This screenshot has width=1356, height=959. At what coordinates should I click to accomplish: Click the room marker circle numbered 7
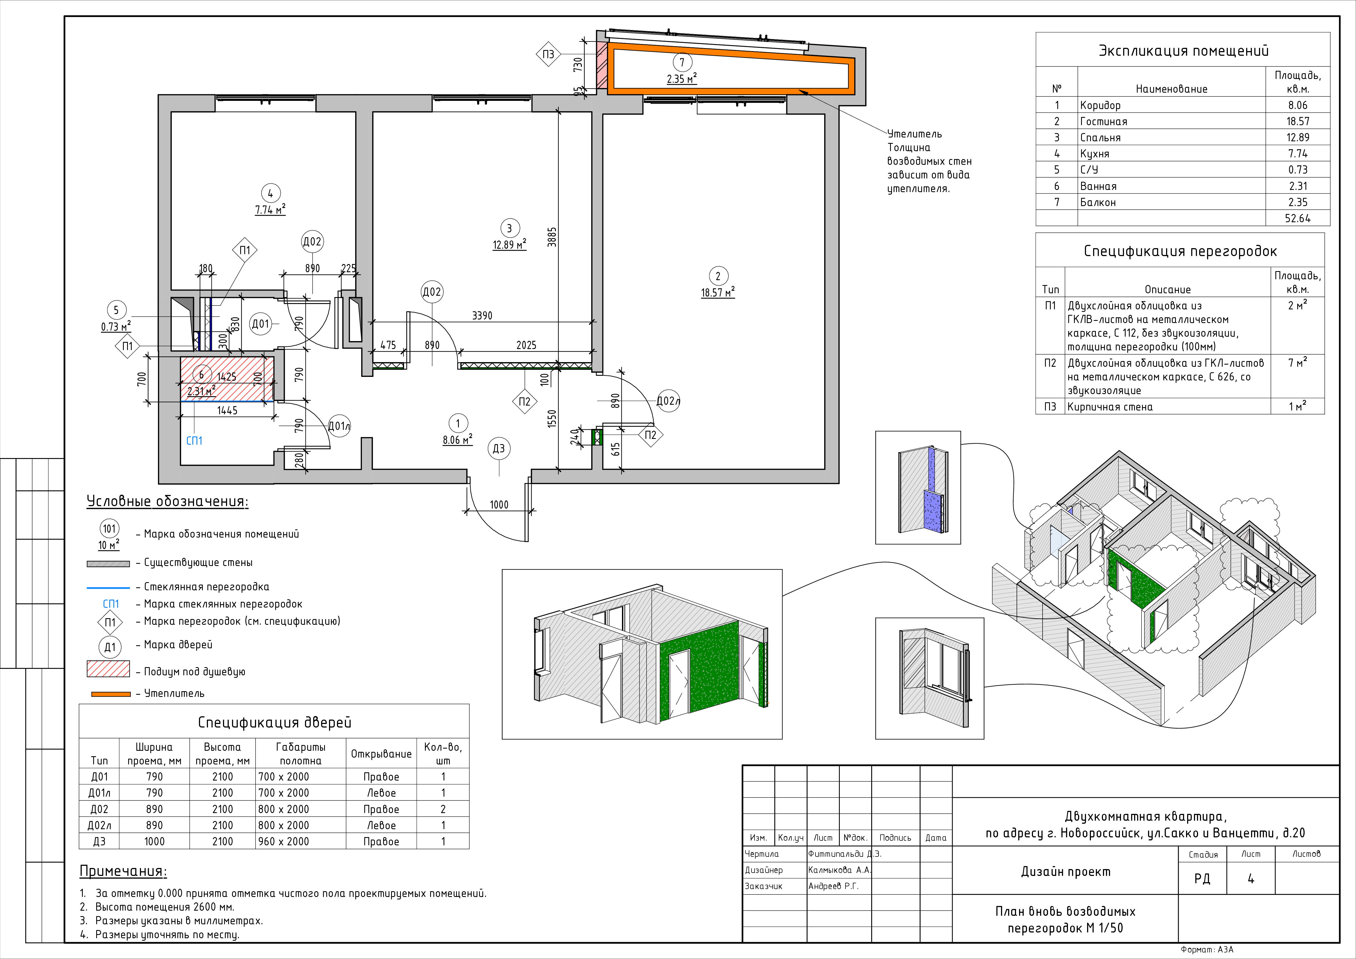coord(682,62)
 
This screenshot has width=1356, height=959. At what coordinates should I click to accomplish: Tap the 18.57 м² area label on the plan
coord(718,292)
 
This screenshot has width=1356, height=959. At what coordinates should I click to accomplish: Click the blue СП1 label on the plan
coord(194,441)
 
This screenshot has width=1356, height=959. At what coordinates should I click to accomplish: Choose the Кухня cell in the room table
coord(1094,154)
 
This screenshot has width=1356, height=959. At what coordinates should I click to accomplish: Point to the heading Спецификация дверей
coord(275,722)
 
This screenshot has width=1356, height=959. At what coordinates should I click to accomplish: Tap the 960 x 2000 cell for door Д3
coord(283,841)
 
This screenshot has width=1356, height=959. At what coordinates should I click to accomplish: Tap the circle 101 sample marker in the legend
coord(109,529)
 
